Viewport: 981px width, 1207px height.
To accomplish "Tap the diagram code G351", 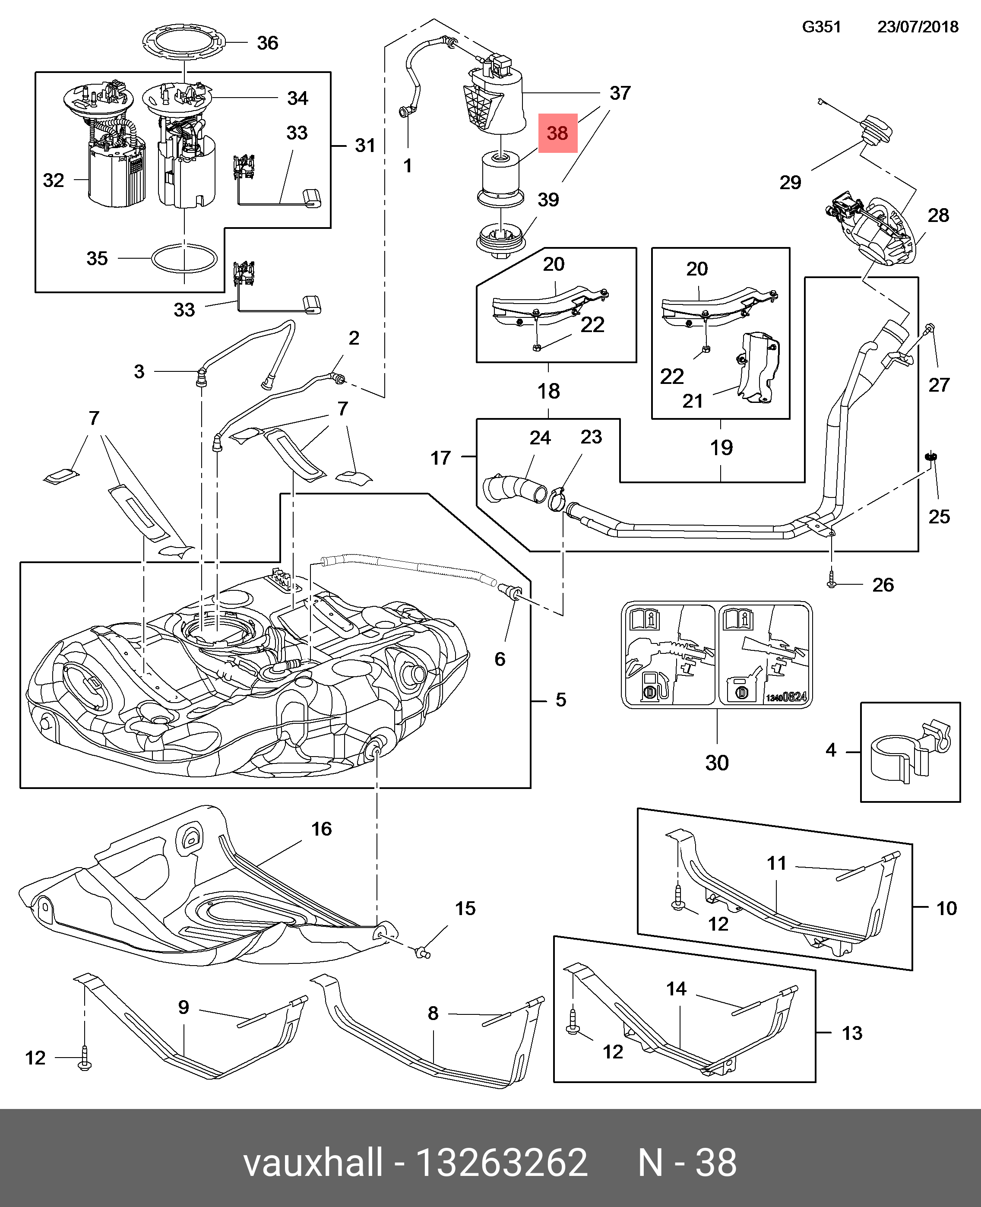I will tap(822, 27).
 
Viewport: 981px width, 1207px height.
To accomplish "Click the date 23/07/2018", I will tap(918, 27).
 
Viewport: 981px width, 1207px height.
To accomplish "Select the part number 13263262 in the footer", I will tap(501, 1163).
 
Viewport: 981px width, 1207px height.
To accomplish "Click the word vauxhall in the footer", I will tap(313, 1163).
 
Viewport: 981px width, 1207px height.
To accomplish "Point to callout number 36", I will tap(267, 43).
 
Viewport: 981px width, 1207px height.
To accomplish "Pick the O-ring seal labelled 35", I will tap(184, 259).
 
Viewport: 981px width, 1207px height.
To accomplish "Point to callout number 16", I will tap(322, 829).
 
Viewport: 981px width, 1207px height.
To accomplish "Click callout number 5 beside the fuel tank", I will tap(560, 700).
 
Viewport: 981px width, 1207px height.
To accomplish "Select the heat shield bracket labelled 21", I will tap(759, 367).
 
